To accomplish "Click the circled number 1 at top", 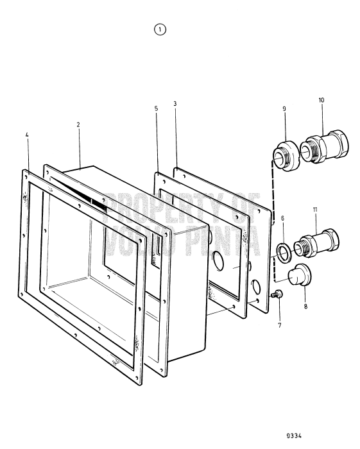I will tap(160, 30).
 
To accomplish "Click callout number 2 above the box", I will tap(78, 124).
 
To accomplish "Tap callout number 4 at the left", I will tap(28, 136).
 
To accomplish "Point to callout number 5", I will tap(156, 109).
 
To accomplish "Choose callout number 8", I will tap(305, 307).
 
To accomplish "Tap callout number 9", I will tap(283, 109).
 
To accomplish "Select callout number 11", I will tap(315, 210).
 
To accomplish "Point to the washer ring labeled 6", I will tap(282, 249).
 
